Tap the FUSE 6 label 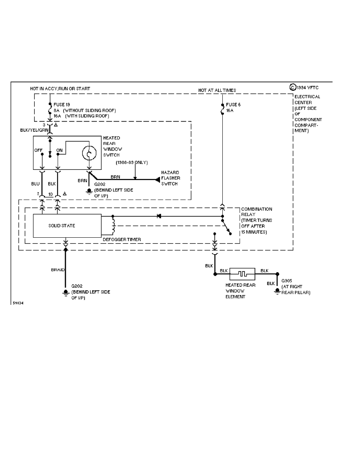pos(234,105)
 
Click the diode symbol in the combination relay pos(158,216)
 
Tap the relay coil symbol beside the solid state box pos(113,226)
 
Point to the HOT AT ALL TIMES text pos(217,90)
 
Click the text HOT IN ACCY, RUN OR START pos(60,89)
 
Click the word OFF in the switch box pos(38,150)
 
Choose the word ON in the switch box pos(59,150)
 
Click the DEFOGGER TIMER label pos(122,239)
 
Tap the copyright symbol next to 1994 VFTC pos(292,88)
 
